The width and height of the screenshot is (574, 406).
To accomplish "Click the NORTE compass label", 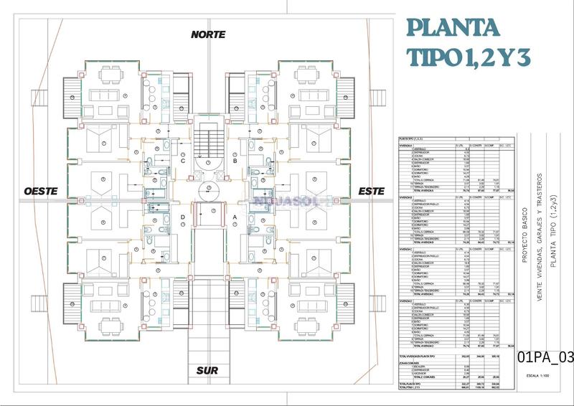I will click(x=208, y=34).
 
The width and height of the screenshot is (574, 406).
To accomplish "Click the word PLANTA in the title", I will click(x=453, y=28).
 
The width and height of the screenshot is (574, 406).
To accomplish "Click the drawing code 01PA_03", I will click(x=545, y=357).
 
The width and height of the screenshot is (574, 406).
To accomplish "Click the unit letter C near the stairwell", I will click(x=183, y=161).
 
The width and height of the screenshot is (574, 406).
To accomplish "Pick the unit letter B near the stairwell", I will click(x=235, y=161).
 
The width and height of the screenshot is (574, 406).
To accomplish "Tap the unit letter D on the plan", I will click(x=183, y=217).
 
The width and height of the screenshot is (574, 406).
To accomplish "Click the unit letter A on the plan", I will click(x=235, y=217).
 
